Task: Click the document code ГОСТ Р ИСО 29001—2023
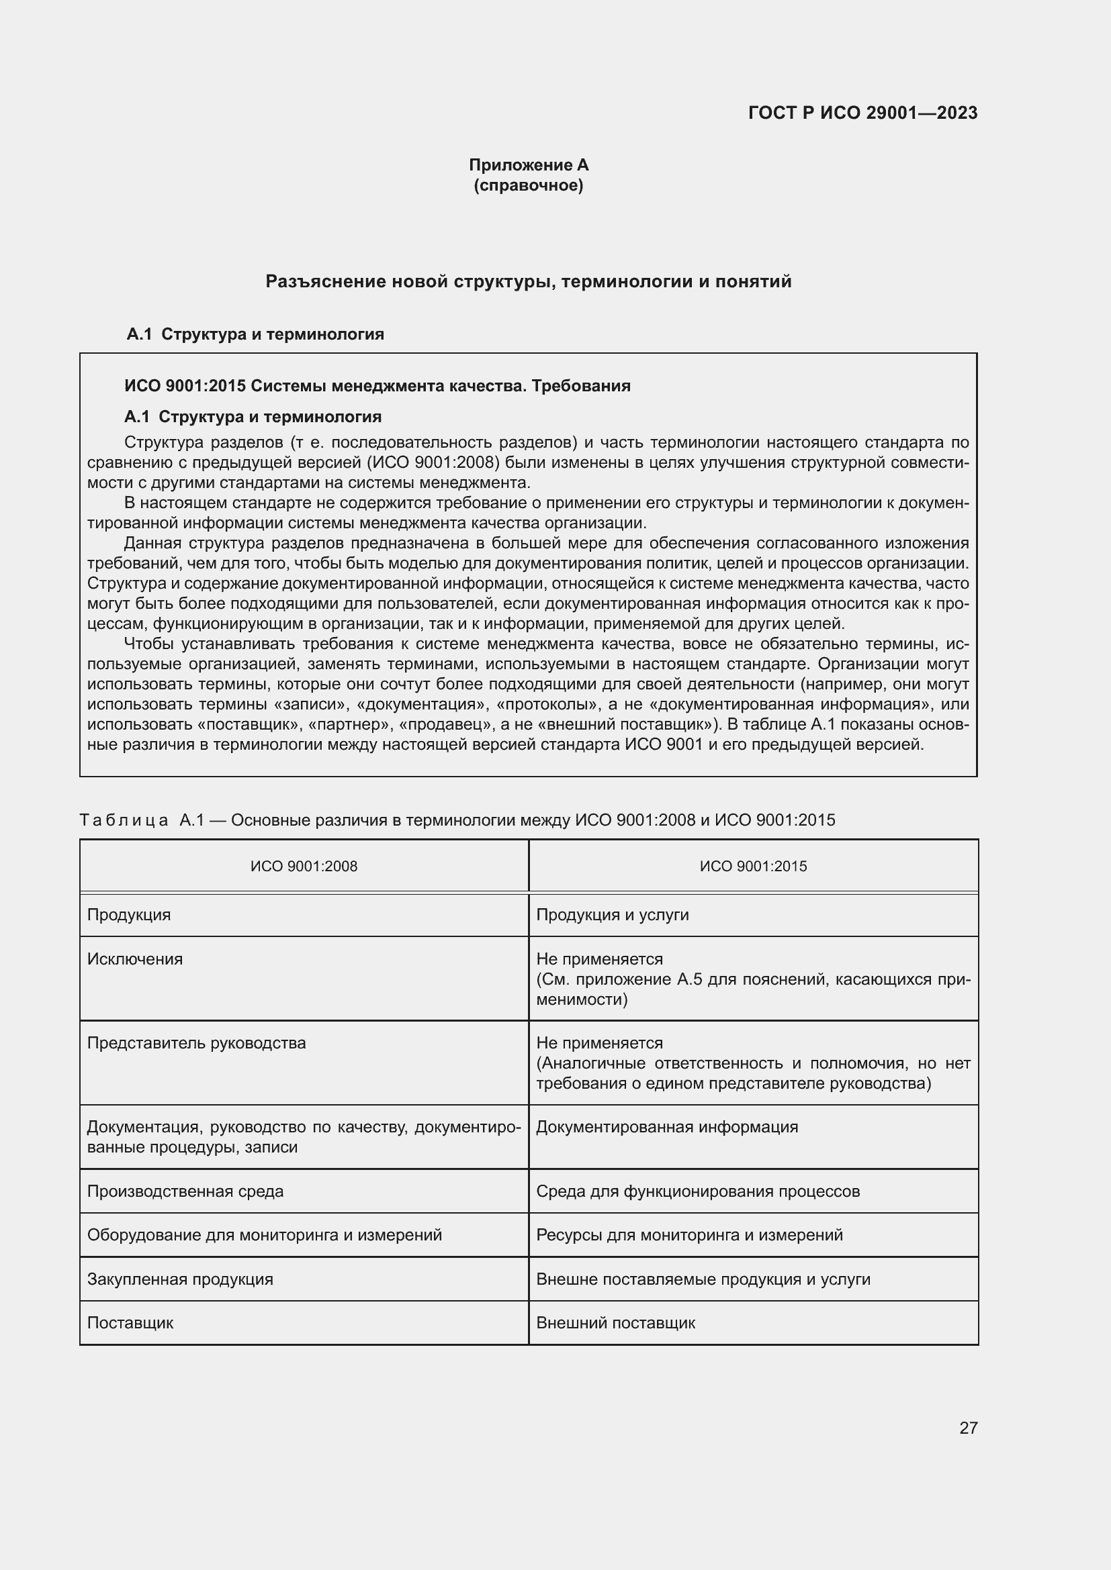pyautogui.click(x=862, y=113)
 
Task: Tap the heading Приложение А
pyautogui.click(x=528, y=165)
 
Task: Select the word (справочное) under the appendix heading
pyautogui.click(x=528, y=185)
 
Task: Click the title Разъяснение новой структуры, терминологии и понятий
pyautogui.click(x=528, y=281)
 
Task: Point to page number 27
pyautogui.click(x=968, y=1428)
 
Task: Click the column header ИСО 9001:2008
pyautogui.click(x=304, y=867)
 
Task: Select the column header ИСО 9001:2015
pyautogui.click(x=753, y=867)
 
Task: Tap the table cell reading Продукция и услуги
pyautogui.click(x=613, y=915)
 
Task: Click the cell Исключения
pyautogui.click(x=135, y=959)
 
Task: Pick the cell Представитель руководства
pyautogui.click(x=196, y=1044)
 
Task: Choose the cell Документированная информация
pyautogui.click(x=667, y=1128)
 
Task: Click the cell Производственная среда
pyautogui.click(x=185, y=1192)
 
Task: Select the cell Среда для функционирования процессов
pyautogui.click(x=698, y=1192)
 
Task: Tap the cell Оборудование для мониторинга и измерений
pyautogui.click(x=264, y=1236)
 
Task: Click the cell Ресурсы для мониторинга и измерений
pyautogui.click(x=689, y=1236)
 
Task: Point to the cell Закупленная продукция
pyautogui.click(x=180, y=1279)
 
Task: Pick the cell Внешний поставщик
pyautogui.click(x=615, y=1323)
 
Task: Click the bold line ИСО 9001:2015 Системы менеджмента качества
pyautogui.click(x=377, y=387)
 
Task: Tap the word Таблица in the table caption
pyautogui.click(x=124, y=820)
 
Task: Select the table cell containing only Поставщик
pyautogui.click(x=130, y=1323)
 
